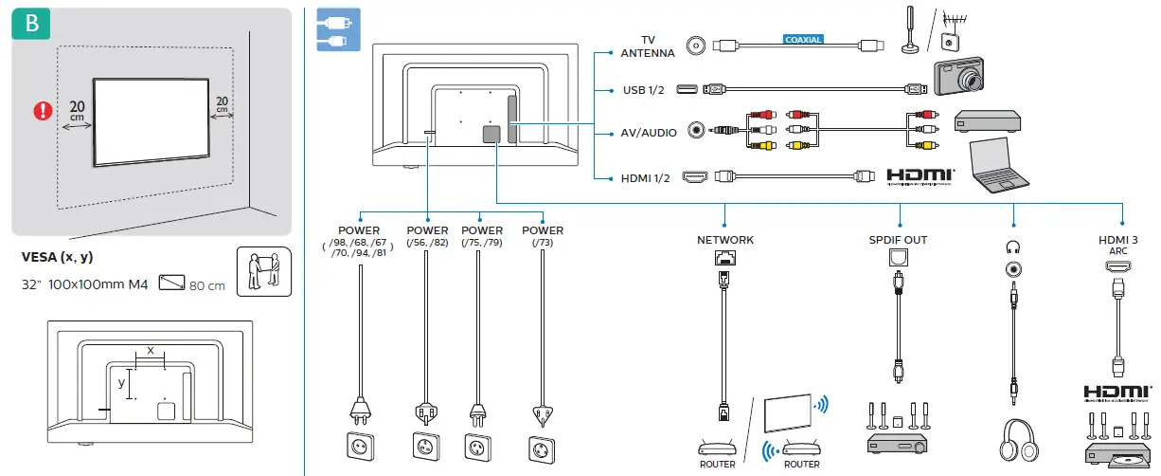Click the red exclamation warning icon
(x=43, y=111)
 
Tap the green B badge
(x=31, y=24)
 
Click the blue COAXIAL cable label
(x=803, y=40)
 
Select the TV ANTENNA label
(x=648, y=46)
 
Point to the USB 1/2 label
(x=643, y=90)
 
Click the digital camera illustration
(x=958, y=76)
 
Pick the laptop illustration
(x=999, y=165)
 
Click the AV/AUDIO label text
(x=649, y=133)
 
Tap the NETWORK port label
(x=725, y=240)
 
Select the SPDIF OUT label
(x=898, y=240)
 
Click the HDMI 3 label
(x=1118, y=240)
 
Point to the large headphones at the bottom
(x=1019, y=440)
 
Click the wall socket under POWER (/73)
(x=542, y=449)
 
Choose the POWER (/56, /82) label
(x=427, y=236)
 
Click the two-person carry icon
(x=264, y=271)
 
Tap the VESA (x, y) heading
(x=57, y=257)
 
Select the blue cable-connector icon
(x=338, y=29)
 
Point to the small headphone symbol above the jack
(x=1012, y=247)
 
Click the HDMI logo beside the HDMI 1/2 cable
(x=920, y=176)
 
